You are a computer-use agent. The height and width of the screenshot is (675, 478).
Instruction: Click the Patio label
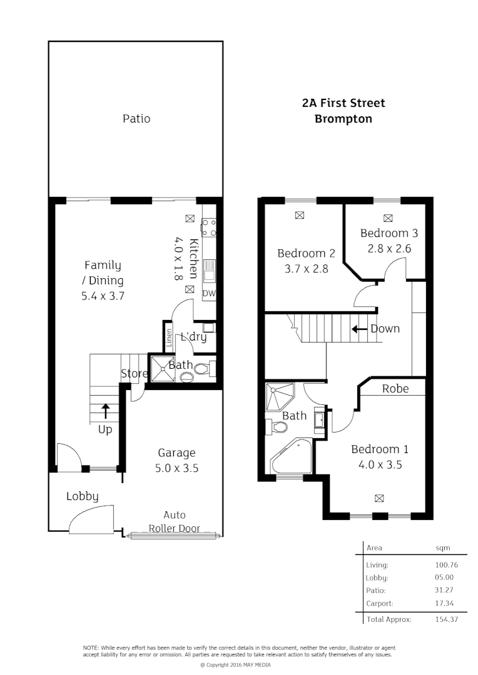click(136, 118)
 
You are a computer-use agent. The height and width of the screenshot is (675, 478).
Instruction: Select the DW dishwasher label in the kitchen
click(209, 293)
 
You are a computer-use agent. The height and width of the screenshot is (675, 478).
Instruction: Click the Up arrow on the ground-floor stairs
click(105, 411)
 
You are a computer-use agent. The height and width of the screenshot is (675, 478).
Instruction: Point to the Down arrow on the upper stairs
click(359, 329)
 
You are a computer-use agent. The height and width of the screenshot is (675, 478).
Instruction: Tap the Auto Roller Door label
click(174, 522)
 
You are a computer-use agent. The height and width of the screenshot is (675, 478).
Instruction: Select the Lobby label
click(83, 497)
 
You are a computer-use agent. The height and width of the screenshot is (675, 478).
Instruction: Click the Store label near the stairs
click(133, 374)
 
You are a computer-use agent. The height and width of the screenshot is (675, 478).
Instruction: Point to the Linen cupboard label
click(169, 338)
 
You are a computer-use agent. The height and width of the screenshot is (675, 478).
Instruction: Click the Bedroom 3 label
click(389, 233)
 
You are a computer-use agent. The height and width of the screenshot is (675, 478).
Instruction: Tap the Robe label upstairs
click(395, 389)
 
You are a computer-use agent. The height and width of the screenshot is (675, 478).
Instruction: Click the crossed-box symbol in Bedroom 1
click(379, 498)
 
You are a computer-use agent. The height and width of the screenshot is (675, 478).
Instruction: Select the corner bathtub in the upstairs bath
click(292, 457)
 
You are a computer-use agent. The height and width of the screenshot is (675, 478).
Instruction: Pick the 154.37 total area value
click(442, 619)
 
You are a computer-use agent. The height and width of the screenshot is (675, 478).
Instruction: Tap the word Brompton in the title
click(343, 118)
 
